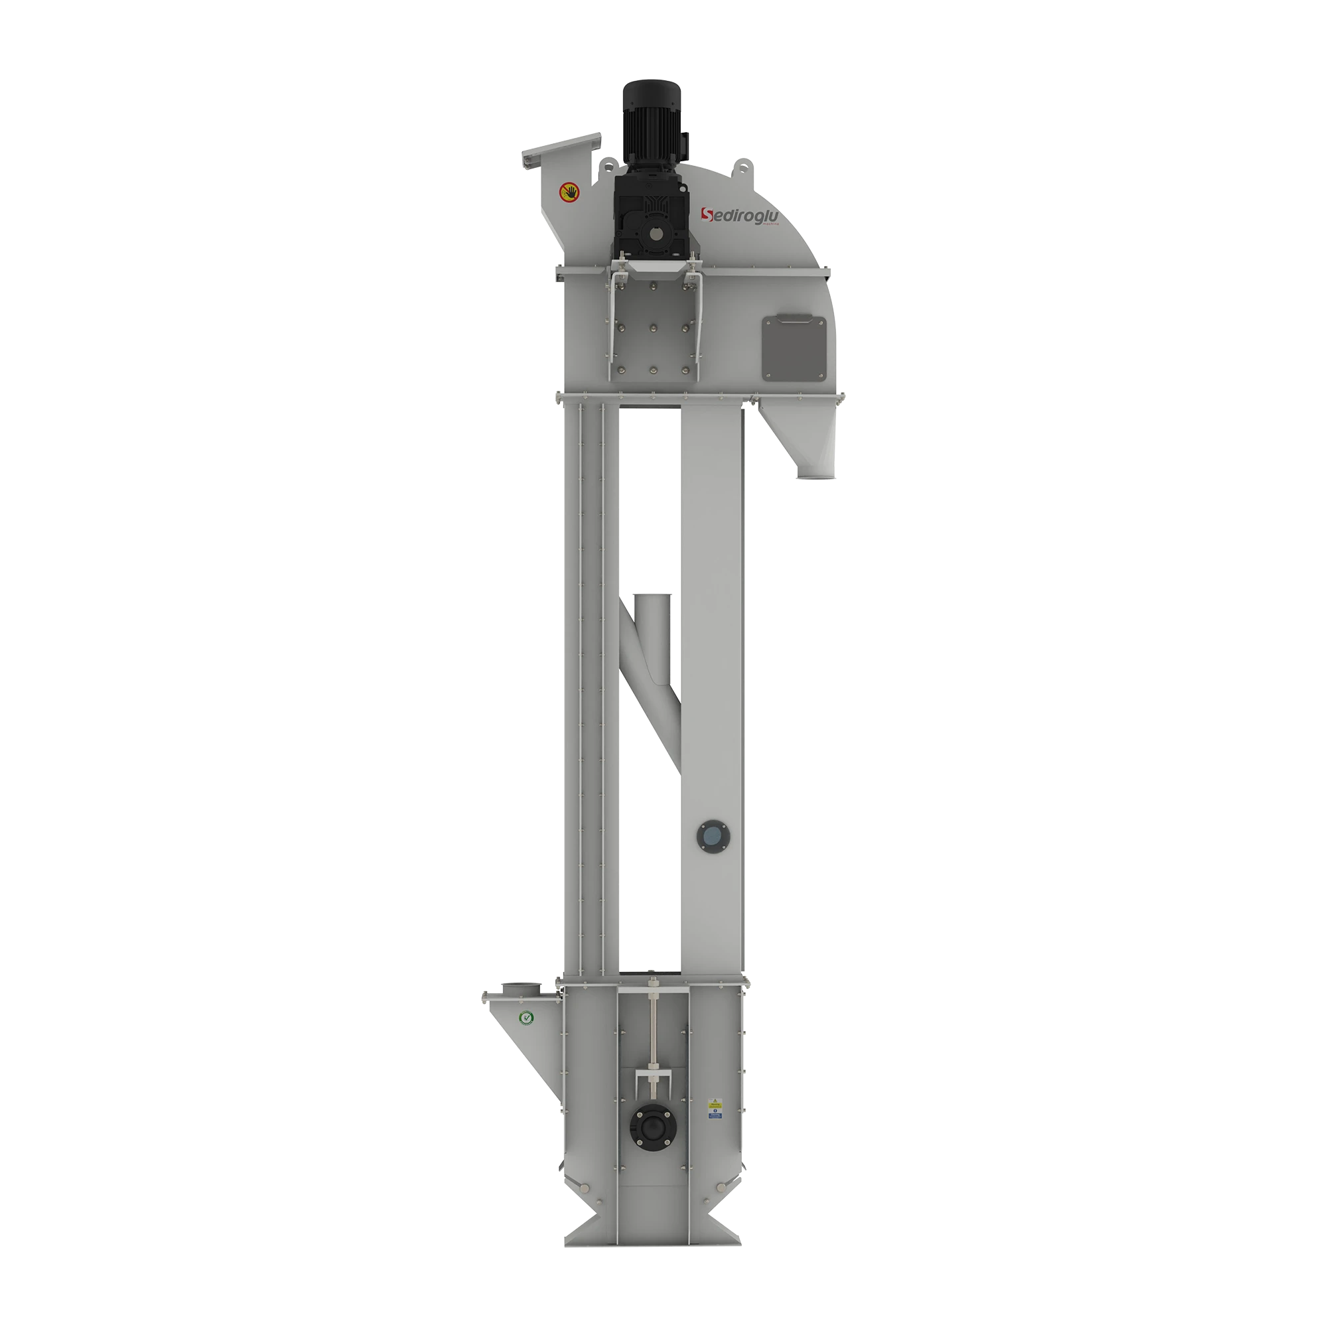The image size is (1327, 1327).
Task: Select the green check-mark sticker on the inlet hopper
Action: click(x=525, y=1018)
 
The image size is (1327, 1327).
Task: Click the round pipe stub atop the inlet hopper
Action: click(x=521, y=989)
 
